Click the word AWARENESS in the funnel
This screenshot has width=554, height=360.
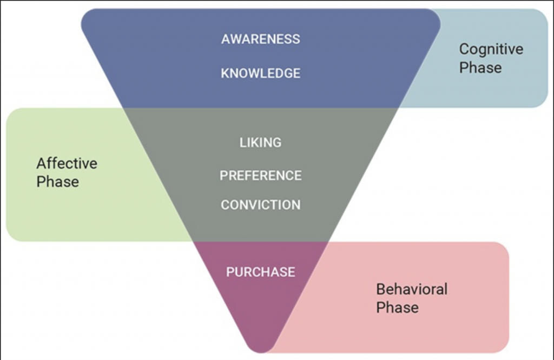coord(261,39)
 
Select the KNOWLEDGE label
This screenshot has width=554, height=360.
coord(261,74)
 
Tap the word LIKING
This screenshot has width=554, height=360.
coord(261,143)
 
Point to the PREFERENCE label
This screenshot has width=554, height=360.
coord(261,176)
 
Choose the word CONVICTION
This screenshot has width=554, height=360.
coord(261,205)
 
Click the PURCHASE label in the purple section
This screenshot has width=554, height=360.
coord(261,272)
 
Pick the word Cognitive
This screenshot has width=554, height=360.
coord(491,50)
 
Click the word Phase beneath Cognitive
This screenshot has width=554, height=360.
coord(480,68)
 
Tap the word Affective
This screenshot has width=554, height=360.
coord(67,163)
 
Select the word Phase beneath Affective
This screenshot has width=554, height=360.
coord(57,182)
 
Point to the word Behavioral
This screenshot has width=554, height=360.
coord(412,289)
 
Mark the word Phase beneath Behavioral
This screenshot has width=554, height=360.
coord(398,308)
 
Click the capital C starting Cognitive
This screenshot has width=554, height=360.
coord(464,49)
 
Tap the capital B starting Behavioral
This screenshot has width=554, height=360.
coord(381,290)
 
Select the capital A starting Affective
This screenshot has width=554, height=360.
coord(42,164)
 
